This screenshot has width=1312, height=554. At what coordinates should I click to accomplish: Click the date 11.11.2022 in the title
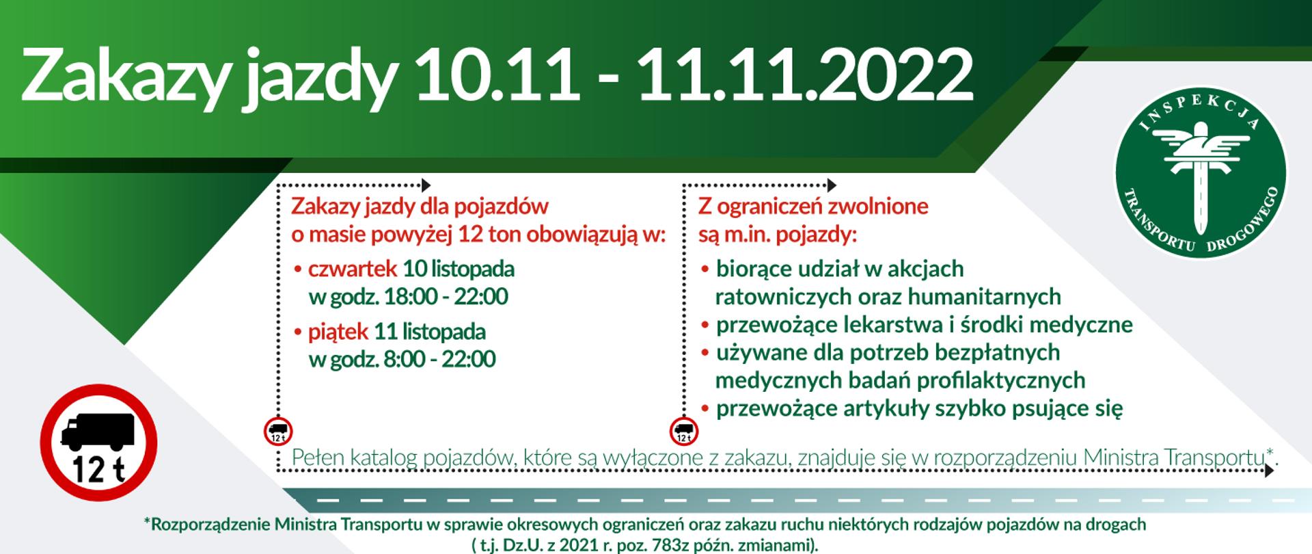click(x=806, y=74)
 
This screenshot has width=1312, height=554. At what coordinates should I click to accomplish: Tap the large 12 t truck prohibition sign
click(x=99, y=443)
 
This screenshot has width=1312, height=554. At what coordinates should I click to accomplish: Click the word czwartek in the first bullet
click(x=353, y=269)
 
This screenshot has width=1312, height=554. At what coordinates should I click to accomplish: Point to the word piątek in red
click(x=338, y=332)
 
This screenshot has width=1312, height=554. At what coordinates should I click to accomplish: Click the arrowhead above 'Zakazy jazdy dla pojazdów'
click(x=426, y=185)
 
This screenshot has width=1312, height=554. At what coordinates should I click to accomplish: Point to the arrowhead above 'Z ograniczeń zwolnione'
click(x=832, y=185)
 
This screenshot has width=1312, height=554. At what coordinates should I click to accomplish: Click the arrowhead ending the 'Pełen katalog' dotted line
click(x=1269, y=471)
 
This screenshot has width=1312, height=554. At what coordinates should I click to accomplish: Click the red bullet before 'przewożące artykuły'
click(x=705, y=409)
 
